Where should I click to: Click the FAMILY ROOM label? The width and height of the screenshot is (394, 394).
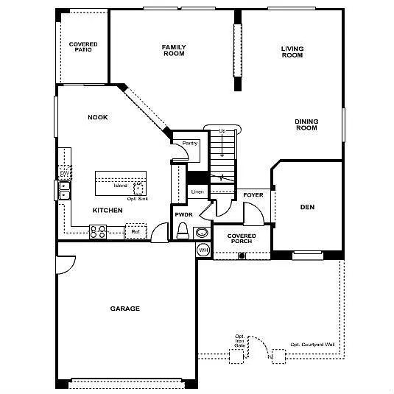click(174, 50)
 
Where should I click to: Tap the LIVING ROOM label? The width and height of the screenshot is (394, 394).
click(292, 52)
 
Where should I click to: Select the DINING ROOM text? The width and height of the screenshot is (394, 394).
click(306, 124)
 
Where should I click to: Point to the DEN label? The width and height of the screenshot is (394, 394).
click(307, 207)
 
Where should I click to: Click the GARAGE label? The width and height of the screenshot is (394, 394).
click(125, 309)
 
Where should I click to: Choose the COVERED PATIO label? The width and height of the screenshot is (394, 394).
click(83, 47)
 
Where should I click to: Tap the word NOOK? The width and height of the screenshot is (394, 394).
click(98, 117)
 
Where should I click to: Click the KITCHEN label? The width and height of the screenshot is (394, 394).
click(108, 210)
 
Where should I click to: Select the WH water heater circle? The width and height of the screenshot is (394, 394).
click(203, 250)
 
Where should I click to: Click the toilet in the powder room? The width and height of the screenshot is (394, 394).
click(183, 232)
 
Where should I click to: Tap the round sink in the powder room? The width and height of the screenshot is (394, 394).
click(202, 231)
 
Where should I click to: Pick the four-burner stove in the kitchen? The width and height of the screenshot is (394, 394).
click(98, 232)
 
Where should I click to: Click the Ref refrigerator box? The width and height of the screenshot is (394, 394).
click(135, 232)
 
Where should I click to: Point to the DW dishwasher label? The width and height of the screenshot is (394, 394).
click(64, 172)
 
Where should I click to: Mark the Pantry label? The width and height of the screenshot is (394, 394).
click(180, 143)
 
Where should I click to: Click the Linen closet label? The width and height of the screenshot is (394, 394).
click(197, 192)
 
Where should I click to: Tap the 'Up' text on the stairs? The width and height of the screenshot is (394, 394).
click(222, 131)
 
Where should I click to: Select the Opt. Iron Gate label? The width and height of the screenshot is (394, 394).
click(239, 340)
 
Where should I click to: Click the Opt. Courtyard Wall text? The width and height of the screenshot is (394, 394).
click(312, 344)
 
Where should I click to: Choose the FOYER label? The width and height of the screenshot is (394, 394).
click(253, 195)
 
